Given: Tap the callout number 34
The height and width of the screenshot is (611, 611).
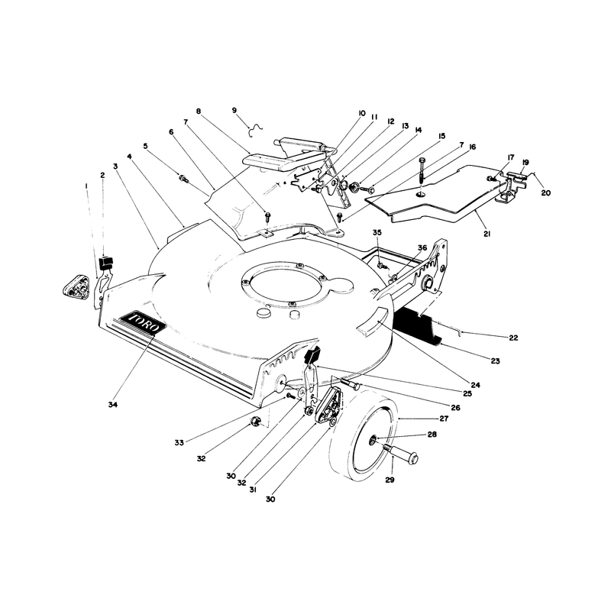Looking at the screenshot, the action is click(x=112, y=405).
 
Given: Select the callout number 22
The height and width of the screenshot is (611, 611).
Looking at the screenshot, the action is click(x=513, y=338).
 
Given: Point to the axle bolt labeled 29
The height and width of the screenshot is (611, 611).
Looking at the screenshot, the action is click(x=400, y=453).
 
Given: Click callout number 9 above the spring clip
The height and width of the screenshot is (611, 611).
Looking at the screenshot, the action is click(x=234, y=110).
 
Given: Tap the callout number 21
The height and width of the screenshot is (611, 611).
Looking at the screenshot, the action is click(x=487, y=234).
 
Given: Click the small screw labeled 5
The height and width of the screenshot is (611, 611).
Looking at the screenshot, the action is click(x=183, y=179).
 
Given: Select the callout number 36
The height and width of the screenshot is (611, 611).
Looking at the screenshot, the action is click(x=422, y=247).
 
